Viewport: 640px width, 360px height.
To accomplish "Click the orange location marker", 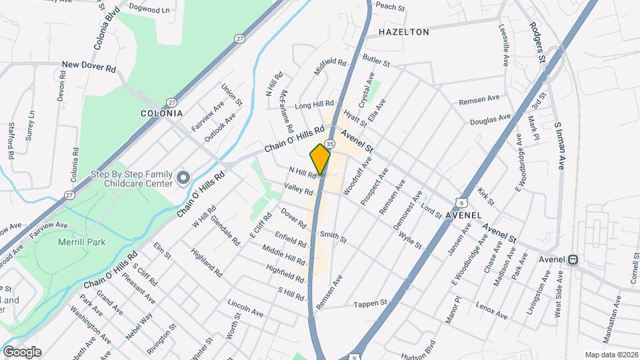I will click(320, 159).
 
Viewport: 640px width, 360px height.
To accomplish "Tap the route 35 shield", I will click(330, 145).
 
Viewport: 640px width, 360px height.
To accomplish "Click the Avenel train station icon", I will click(573, 259).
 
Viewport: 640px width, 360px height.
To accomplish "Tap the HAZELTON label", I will click(404, 31).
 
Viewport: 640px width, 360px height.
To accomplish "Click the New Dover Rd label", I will click(89, 65).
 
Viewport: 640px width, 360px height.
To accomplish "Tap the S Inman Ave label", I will click(559, 145).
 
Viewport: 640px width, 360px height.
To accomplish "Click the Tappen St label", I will click(371, 303).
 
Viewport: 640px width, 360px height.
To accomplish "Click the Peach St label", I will click(391, 7).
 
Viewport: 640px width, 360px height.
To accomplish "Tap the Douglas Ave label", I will click(489, 120).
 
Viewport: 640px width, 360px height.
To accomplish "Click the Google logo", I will click(22, 351).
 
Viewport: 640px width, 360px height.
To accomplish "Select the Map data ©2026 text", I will click(611, 355).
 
